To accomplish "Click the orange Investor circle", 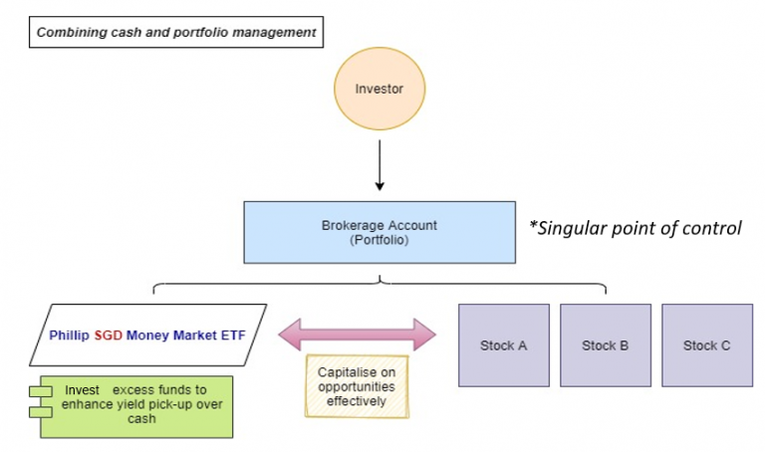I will coord(380,90).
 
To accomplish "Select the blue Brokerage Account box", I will coord(380,233).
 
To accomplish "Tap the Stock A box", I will coord(503,345).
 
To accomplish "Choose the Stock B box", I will coord(605,345).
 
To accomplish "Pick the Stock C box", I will coord(706,345).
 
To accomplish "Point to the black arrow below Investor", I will coord(380,164).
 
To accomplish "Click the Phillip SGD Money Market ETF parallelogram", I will coord(149,336).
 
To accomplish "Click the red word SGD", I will coord(108,337).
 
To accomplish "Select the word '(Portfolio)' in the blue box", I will coord(380,240).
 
